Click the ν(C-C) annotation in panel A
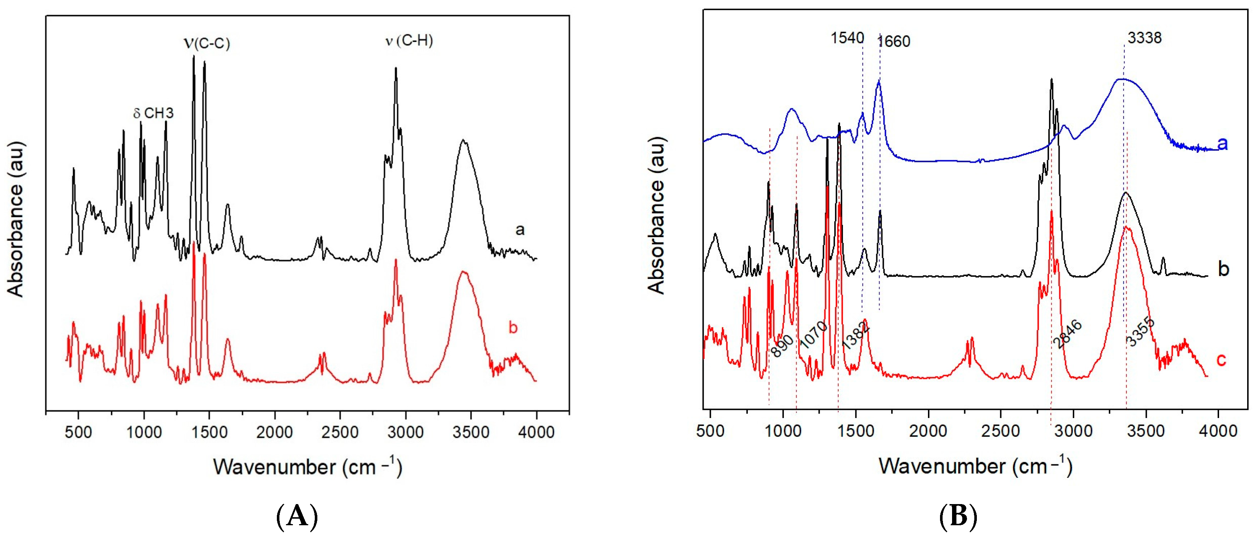(x=206, y=43)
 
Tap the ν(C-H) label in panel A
(x=409, y=40)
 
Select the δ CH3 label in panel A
(x=153, y=113)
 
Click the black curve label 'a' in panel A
(x=520, y=229)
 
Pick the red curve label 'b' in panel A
(x=513, y=327)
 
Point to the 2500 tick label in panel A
(x=340, y=432)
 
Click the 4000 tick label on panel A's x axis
(x=536, y=432)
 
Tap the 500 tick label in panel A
(x=78, y=432)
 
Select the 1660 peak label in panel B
(x=894, y=42)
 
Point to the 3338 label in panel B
(x=1144, y=38)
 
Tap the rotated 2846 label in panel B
(x=1067, y=334)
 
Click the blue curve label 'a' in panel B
(x=1222, y=143)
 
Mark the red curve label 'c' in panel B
(x=1221, y=360)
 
